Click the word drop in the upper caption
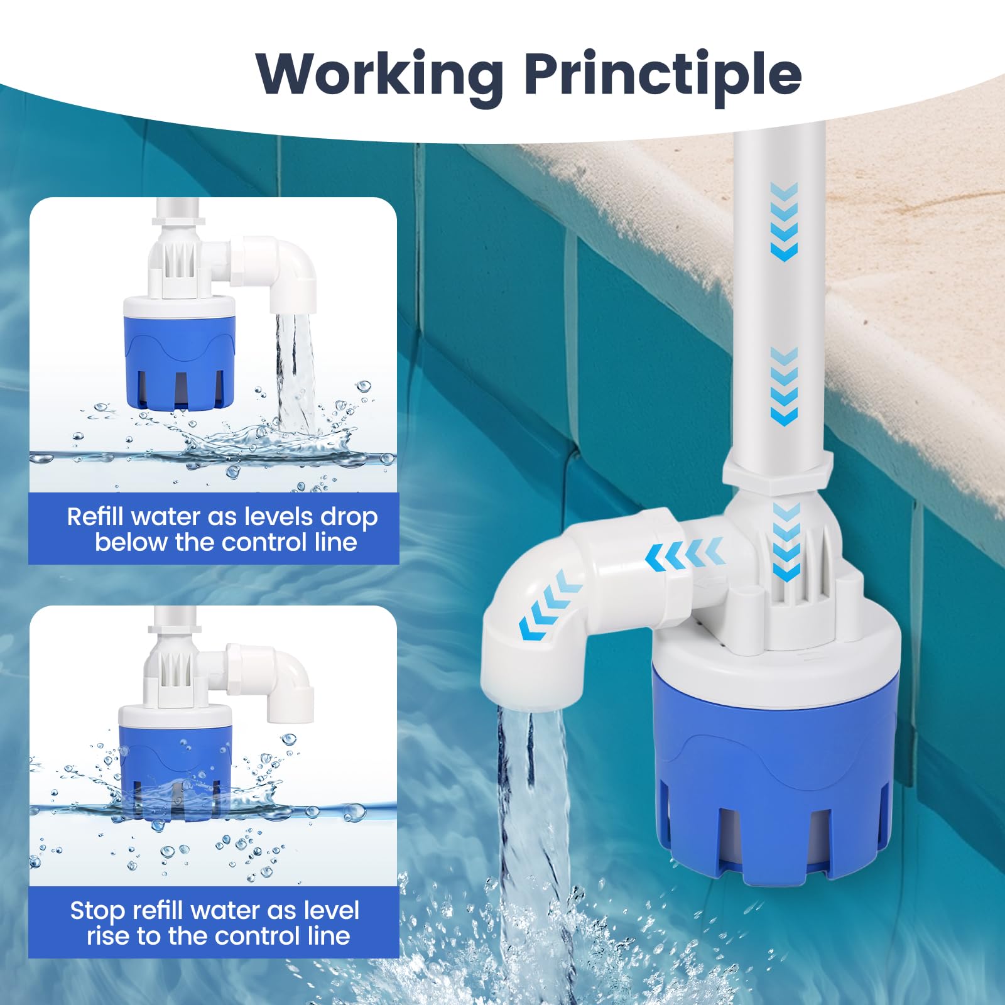[x=349, y=518]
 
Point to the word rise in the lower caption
[x=108, y=936]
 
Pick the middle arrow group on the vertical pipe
[x=784, y=386]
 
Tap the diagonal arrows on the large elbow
[x=551, y=607]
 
